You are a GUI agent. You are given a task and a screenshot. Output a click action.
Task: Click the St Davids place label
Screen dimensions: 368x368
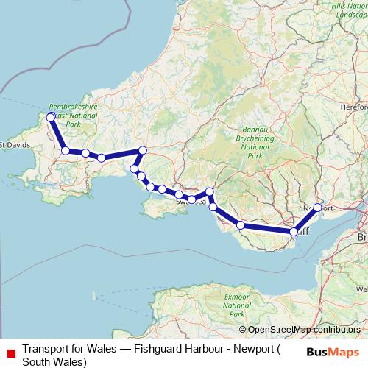coord(15,144)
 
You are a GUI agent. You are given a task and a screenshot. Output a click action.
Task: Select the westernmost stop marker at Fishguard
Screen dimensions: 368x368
coord(51,117)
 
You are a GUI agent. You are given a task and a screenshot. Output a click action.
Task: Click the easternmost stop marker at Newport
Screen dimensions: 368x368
coord(318,208)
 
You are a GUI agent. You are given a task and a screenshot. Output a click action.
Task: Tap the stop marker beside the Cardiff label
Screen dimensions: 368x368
coord(294,232)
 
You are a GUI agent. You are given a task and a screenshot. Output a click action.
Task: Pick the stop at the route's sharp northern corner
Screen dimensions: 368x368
coord(143,150)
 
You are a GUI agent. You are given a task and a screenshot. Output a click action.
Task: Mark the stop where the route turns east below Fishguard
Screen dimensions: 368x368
coord(66,151)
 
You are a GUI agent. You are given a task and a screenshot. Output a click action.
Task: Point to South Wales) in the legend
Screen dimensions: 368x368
coord(54,361)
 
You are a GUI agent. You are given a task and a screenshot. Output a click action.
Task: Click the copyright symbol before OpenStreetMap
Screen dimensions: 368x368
coord(243,330)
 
